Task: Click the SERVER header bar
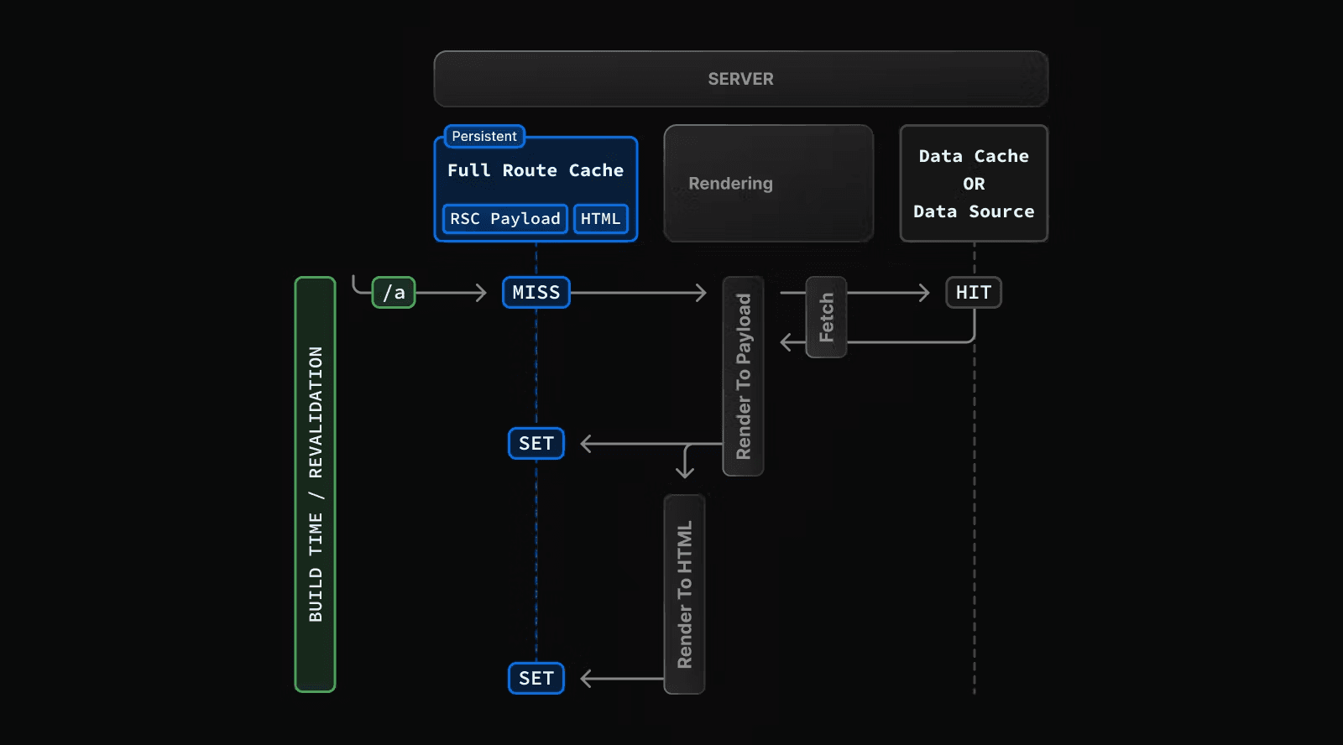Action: tap(740, 79)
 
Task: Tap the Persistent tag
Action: tap(484, 136)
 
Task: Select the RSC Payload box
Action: tap(504, 219)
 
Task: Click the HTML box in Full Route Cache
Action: tap(600, 219)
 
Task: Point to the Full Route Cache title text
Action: tap(535, 170)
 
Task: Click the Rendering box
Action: tap(768, 184)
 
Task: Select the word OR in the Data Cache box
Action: tap(974, 184)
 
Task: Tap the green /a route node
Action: tap(394, 293)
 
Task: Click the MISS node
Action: tap(536, 293)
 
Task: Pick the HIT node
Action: tap(973, 293)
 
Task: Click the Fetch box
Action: tap(826, 317)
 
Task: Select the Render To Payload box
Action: tap(743, 376)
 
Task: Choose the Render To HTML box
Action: tap(684, 594)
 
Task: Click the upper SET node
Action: tap(536, 443)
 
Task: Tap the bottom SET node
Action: tap(536, 678)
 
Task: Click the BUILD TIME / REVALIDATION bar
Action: tap(315, 484)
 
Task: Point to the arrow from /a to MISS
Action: tap(451, 293)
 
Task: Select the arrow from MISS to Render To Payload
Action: tap(638, 293)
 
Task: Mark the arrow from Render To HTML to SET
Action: tap(621, 678)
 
